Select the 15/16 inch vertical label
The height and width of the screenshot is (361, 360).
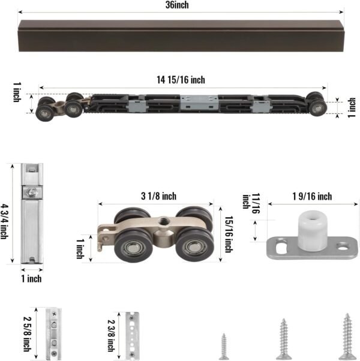click(x=228, y=234)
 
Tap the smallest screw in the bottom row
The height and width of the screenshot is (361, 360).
click(x=223, y=346)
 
